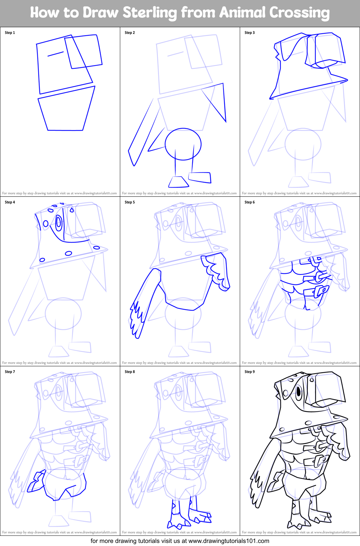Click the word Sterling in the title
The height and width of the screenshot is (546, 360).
(150, 13)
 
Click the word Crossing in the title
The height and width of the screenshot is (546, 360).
(300, 13)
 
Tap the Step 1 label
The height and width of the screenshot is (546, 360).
(10, 33)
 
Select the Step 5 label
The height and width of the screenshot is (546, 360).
(130, 202)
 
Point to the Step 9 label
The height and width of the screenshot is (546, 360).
(250, 372)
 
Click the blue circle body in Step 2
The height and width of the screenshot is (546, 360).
(183, 144)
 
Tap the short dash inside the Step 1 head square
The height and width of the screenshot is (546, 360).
(55, 54)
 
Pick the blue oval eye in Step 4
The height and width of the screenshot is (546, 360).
(58, 223)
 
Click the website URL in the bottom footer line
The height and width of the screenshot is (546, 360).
(229, 541)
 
